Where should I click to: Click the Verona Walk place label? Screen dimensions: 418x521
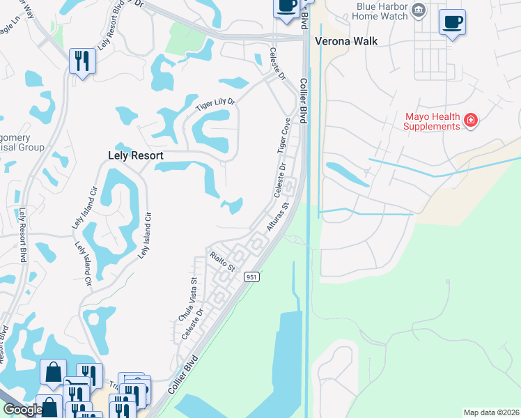tap(346, 41)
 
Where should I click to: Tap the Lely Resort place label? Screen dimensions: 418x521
tap(135, 156)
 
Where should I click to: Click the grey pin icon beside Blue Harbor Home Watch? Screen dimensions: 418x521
tap(419, 9)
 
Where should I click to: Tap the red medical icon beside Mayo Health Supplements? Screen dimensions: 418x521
tap(471, 121)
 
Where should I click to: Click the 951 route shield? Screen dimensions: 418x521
tap(251, 277)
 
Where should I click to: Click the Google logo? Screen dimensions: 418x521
tap(22, 410)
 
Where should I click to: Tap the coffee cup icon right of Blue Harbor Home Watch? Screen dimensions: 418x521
tap(452, 22)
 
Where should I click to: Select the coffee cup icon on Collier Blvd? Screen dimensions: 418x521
tap(286, 7)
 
